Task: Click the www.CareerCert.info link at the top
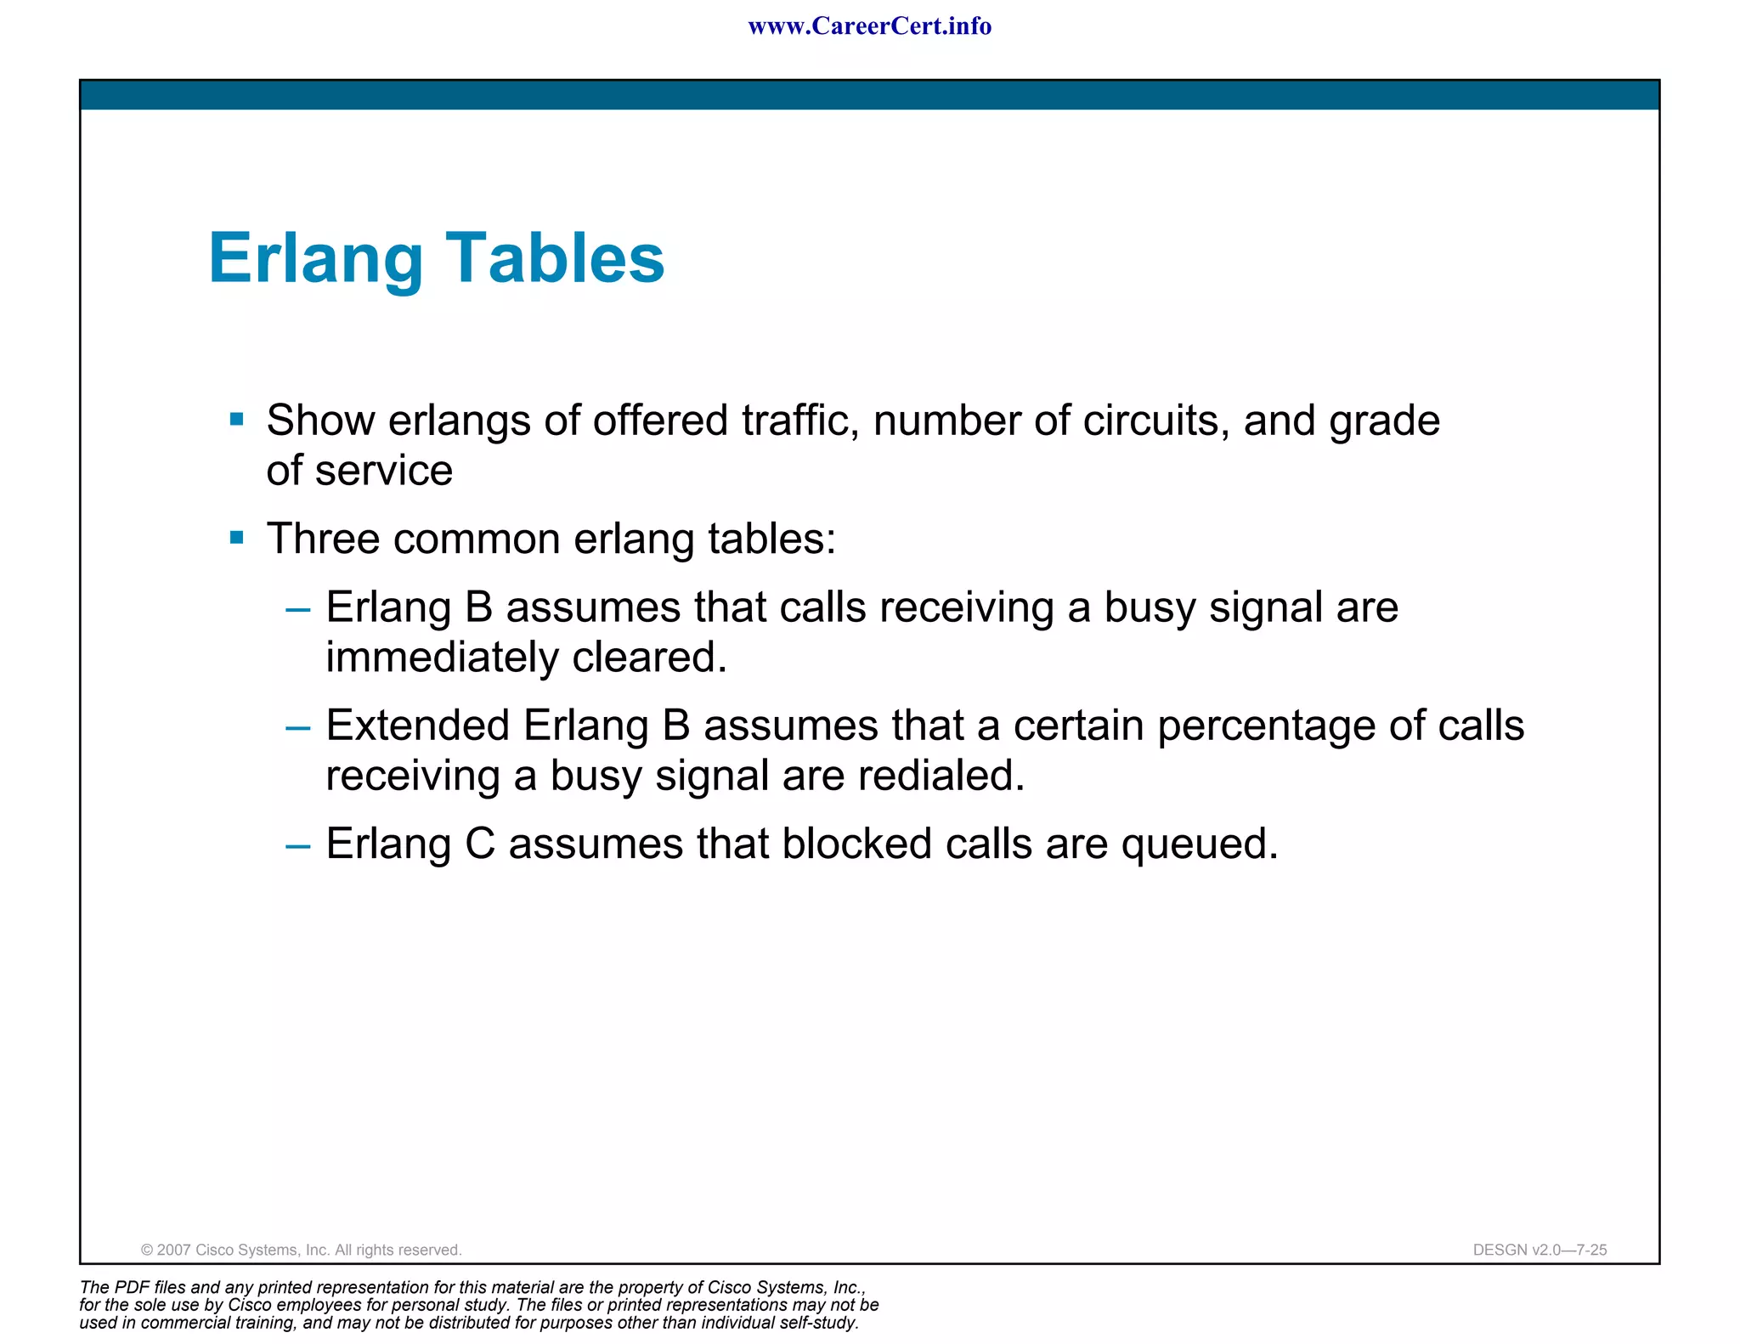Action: tap(869, 26)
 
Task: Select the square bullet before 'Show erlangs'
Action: tap(237, 419)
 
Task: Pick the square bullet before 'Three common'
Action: tap(237, 537)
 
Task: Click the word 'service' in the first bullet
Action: tap(384, 471)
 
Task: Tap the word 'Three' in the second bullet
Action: tap(322, 539)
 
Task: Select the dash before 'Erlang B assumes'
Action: tap(298, 609)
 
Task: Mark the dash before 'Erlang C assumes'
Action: tap(298, 846)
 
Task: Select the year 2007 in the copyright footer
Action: tap(174, 1250)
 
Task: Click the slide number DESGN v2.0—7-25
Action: tap(1539, 1250)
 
